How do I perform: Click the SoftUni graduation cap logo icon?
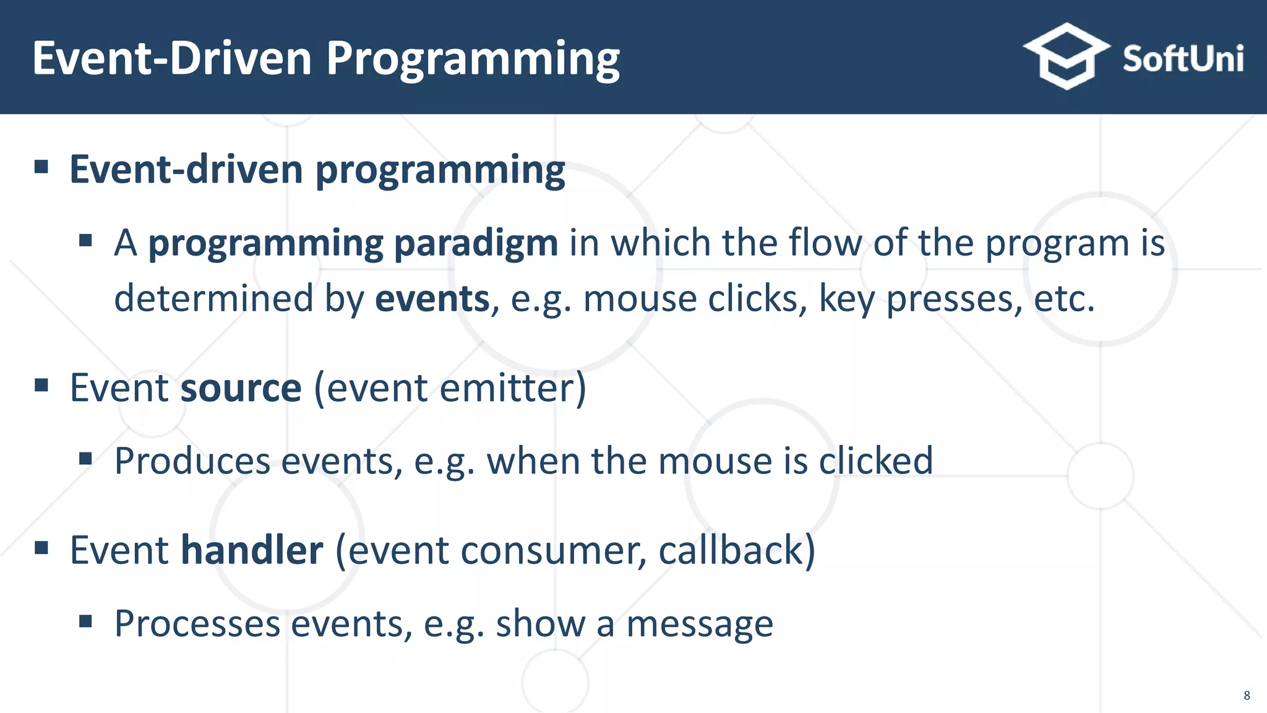click(x=1066, y=56)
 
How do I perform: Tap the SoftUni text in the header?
click(x=1182, y=59)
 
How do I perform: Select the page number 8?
click(x=1247, y=696)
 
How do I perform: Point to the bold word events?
click(x=432, y=299)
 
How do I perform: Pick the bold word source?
click(x=241, y=388)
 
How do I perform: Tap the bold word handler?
click(x=252, y=550)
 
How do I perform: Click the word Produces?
click(x=192, y=461)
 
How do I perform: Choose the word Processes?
click(x=197, y=624)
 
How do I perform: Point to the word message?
click(x=699, y=624)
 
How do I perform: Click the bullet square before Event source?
click(x=41, y=386)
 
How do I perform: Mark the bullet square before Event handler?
click(x=41, y=548)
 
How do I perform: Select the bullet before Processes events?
click(x=85, y=621)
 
